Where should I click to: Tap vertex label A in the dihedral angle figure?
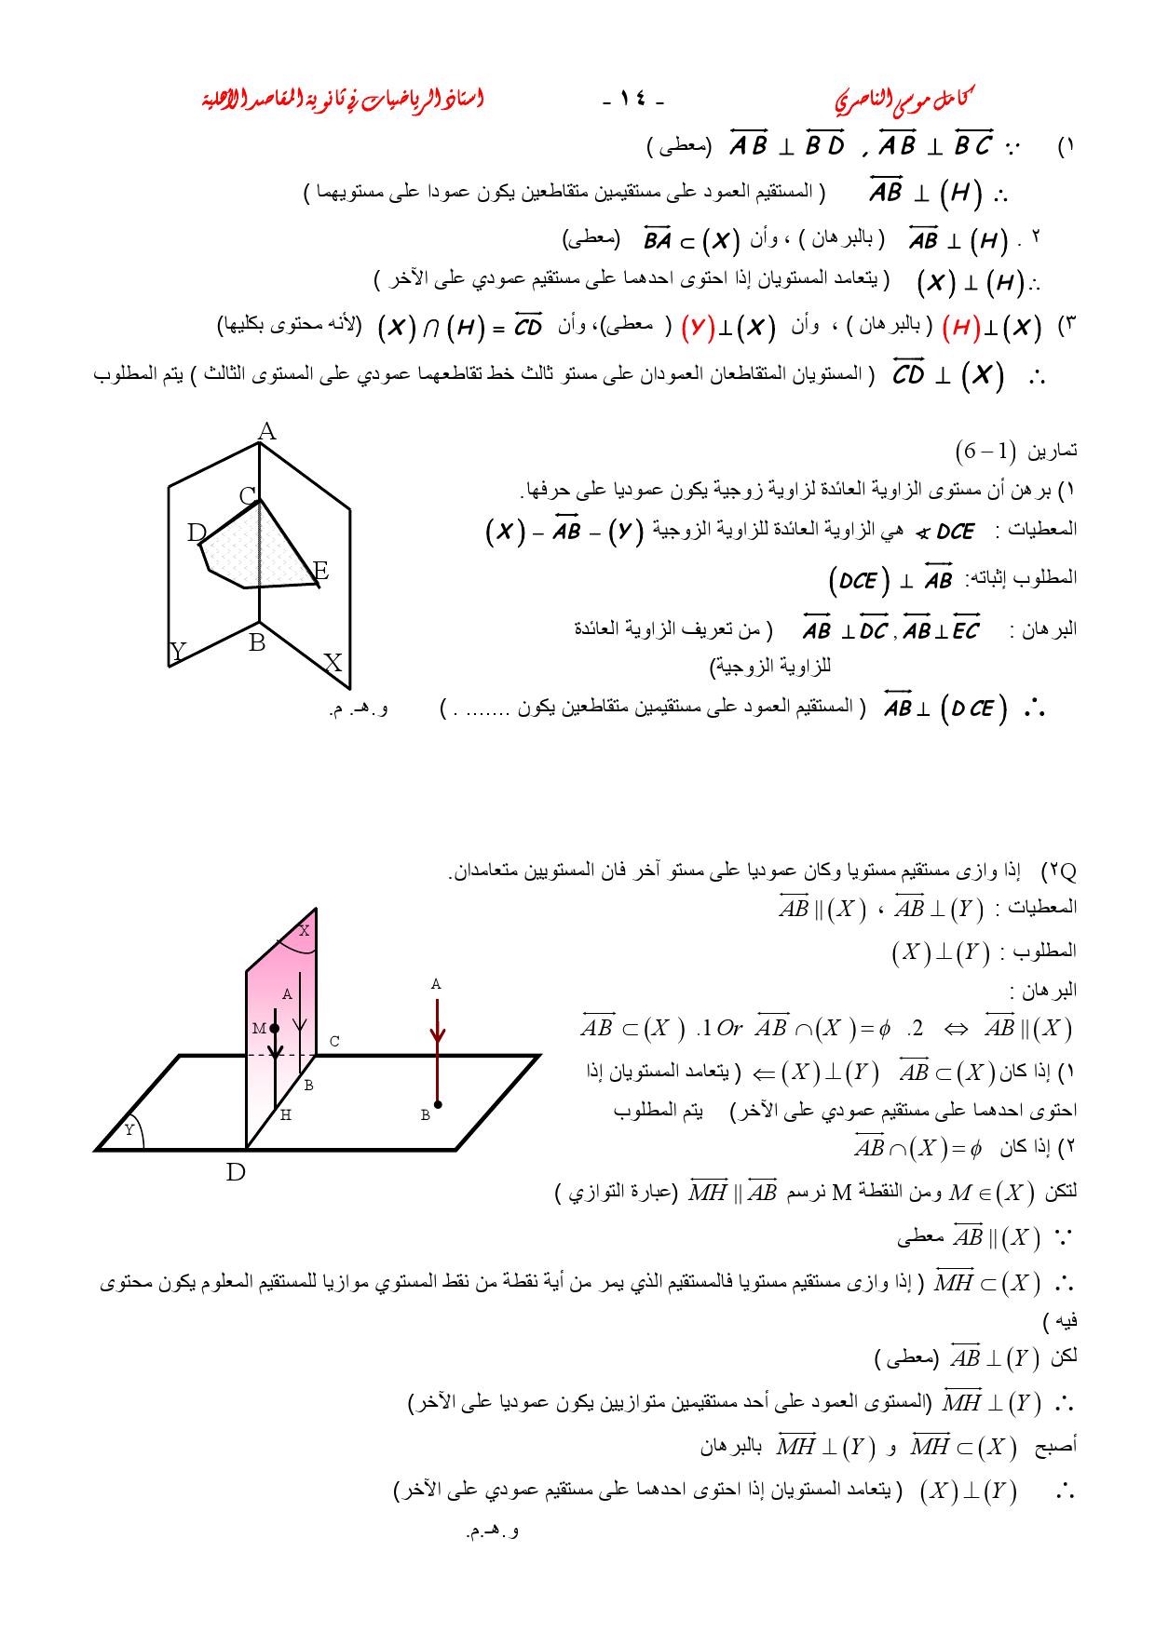266,431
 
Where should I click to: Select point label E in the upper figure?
320,571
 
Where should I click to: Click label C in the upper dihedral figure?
247,496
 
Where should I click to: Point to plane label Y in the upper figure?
177,651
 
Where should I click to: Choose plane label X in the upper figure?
333,663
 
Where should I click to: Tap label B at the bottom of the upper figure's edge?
257,642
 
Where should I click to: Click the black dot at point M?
274,1028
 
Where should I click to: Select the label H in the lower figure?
286,1114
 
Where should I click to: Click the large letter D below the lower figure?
236,1171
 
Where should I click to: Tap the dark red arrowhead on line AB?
437,1035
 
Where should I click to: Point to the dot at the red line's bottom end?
437,1104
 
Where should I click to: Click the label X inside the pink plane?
304,930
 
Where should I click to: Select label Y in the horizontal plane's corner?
129,1130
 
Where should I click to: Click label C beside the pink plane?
334,1042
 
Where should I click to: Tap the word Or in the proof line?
729,1028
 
